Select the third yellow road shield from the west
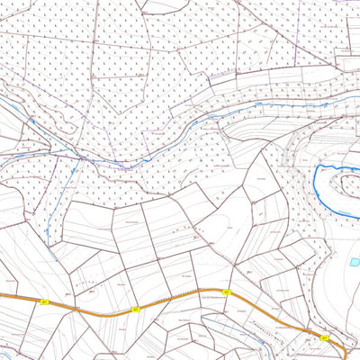point(227,292)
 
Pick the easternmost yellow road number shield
point(323,337)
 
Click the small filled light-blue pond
point(354,262)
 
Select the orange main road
point(180,301)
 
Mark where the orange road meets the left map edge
point(1,295)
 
